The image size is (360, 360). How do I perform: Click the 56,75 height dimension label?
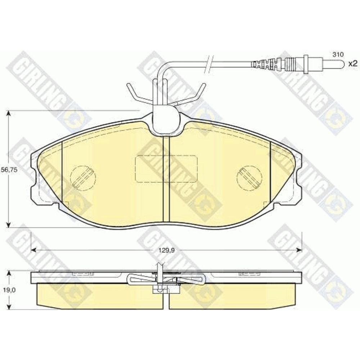(9, 170)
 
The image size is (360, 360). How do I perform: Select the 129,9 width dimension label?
(166, 251)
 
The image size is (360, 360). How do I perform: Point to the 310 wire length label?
(338, 54)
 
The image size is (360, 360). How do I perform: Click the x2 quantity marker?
(353, 64)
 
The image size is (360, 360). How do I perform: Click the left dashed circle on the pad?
(83, 178)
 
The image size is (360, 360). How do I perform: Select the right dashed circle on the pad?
(249, 178)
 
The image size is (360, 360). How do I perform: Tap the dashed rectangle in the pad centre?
(166, 169)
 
